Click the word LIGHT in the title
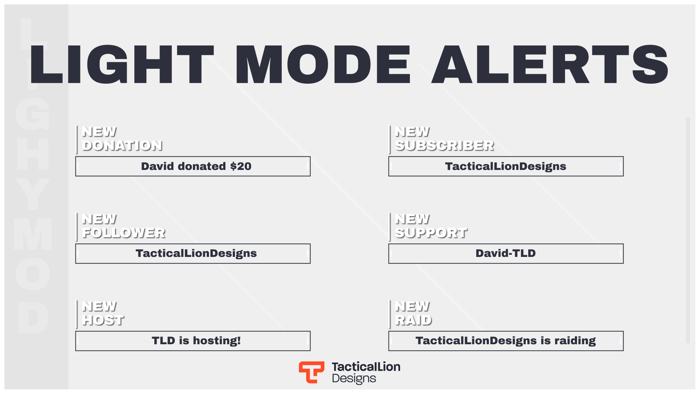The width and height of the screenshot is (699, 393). coord(122,65)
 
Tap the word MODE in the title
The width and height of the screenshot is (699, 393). coord(323,65)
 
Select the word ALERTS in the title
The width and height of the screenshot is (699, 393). coord(550,65)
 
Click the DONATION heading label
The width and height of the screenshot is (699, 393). coord(122,146)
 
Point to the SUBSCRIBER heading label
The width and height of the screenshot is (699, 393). coord(445,146)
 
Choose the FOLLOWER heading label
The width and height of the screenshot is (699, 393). coord(124,233)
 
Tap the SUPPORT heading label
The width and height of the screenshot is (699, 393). coord(431,233)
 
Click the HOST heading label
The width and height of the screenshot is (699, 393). coord(103,320)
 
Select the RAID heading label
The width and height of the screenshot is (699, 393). coord(414,320)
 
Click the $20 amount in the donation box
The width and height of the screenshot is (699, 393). coord(241,166)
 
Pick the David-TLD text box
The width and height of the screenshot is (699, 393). coord(506,254)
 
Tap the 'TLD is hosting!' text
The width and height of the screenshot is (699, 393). coord(196,341)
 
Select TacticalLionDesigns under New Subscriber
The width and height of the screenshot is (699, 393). coord(506,167)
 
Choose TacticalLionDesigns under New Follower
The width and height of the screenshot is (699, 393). coord(196,254)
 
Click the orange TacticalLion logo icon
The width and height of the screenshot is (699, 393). coord(312,372)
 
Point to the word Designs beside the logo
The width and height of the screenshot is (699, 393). coord(354,379)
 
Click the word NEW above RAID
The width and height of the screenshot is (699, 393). coord(412,306)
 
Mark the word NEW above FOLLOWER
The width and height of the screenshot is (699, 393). coord(99,219)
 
